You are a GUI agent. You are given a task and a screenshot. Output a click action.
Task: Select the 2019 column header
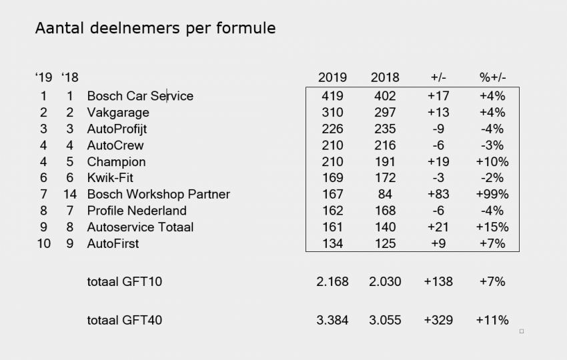click(332, 77)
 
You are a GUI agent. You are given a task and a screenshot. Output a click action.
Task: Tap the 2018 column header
click(385, 77)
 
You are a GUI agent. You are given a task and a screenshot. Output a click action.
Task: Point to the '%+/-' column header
click(493, 77)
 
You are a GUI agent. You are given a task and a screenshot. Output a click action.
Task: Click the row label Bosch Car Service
click(140, 96)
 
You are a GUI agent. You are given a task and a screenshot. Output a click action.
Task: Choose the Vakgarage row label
click(118, 112)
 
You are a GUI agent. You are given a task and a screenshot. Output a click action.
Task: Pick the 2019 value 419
click(332, 96)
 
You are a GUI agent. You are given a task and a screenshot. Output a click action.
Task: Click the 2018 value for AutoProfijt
click(385, 129)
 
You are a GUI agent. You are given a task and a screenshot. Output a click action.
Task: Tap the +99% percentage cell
click(494, 194)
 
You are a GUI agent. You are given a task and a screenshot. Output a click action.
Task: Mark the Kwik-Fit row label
click(107, 178)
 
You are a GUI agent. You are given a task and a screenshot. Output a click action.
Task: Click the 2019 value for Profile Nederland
click(332, 211)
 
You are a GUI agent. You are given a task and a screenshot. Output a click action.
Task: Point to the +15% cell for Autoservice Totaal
click(494, 227)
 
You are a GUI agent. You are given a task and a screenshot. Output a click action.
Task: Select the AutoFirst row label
click(113, 243)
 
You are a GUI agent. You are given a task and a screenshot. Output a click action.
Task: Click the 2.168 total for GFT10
click(332, 281)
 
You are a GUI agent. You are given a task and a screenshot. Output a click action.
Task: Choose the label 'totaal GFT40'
click(124, 321)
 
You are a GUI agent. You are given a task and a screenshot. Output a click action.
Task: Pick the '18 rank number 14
click(69, 194)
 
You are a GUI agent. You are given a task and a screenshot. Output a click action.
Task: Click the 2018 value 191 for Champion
click(385, 161)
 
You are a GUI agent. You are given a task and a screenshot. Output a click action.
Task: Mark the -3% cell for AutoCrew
click(493, 145)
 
